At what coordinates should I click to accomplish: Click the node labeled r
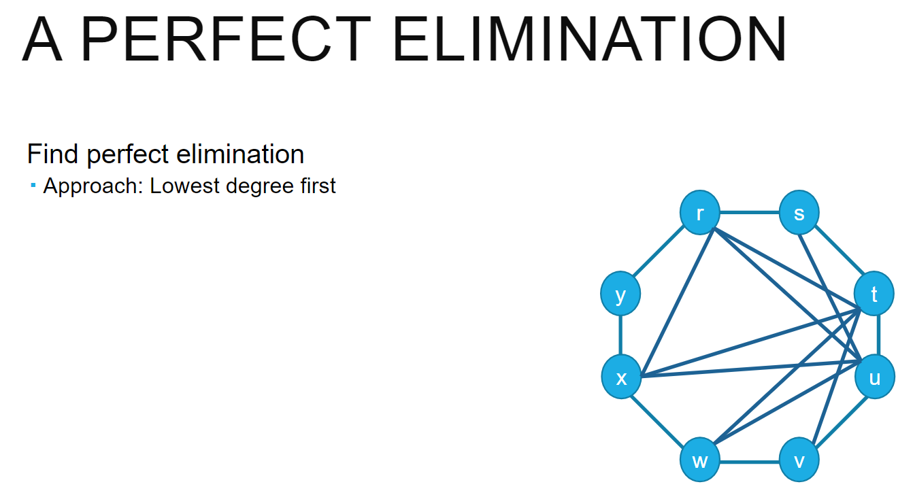700,214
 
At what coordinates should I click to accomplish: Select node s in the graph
799,214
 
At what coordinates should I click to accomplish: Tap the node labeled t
874,294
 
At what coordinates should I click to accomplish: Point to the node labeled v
799,461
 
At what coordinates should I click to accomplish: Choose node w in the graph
700,461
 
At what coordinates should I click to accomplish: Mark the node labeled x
621,378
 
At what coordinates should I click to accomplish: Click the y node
620,295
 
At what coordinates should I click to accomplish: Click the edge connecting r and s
750,213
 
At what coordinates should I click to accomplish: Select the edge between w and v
750,462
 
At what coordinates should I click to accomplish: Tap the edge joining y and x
620,337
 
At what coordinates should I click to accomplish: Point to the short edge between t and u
879,335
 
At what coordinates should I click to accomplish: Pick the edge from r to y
660,253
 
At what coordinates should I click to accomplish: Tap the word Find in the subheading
54,154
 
